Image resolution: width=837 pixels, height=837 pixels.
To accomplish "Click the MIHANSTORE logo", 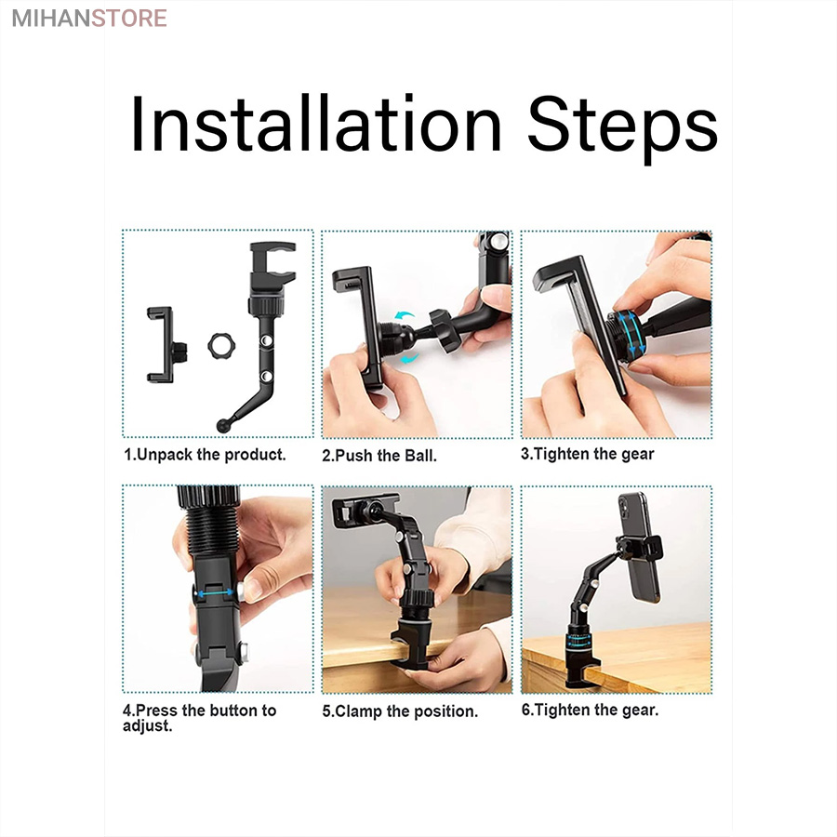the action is [89, 19].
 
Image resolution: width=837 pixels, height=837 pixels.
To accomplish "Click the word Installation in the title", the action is [316, 124].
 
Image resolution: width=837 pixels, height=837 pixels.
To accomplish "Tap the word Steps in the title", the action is [623, 129].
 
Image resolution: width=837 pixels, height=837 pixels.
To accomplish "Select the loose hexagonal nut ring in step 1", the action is [221, 346].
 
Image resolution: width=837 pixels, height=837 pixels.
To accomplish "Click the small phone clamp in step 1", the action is [166, 345].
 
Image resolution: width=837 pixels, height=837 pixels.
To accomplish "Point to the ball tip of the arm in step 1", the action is [222, 425].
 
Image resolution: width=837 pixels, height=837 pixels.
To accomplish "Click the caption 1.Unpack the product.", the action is [205, 455].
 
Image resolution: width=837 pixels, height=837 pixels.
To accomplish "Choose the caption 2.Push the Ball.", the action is [379, 456].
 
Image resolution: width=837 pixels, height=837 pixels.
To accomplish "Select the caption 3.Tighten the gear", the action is [587, 454].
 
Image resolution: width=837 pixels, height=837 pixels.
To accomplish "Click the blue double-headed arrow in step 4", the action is [215, 593].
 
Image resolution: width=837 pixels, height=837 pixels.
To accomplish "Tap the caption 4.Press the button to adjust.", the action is [199, 718].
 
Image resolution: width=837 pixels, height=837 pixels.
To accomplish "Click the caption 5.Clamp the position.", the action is [400, 711].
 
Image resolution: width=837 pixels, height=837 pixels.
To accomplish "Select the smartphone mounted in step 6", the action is [639, 546].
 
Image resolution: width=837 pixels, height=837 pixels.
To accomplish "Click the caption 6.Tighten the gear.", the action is [590, 710].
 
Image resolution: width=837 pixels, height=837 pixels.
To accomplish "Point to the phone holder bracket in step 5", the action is [365, 509].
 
